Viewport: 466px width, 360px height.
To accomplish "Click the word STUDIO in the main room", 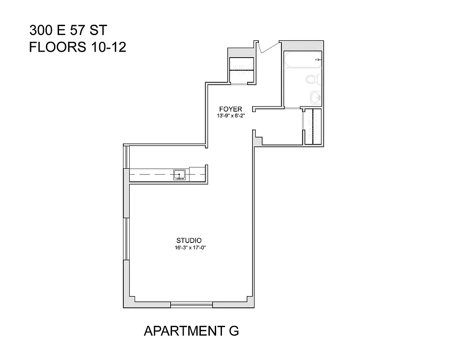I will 189,240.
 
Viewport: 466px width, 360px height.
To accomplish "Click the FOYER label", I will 231,109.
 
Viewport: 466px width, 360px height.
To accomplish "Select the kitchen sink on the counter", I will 180,175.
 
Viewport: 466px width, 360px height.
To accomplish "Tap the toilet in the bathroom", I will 313,80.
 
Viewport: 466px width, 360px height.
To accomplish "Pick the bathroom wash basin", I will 316,97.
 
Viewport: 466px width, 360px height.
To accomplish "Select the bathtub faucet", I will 318,60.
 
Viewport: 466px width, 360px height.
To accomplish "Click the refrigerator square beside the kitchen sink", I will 197,174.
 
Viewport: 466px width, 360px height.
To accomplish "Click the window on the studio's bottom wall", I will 191,305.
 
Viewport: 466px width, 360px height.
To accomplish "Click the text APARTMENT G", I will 191,331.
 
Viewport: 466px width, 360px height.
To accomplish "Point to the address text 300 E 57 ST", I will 68,31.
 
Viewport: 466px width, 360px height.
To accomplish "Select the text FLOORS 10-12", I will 77,47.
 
